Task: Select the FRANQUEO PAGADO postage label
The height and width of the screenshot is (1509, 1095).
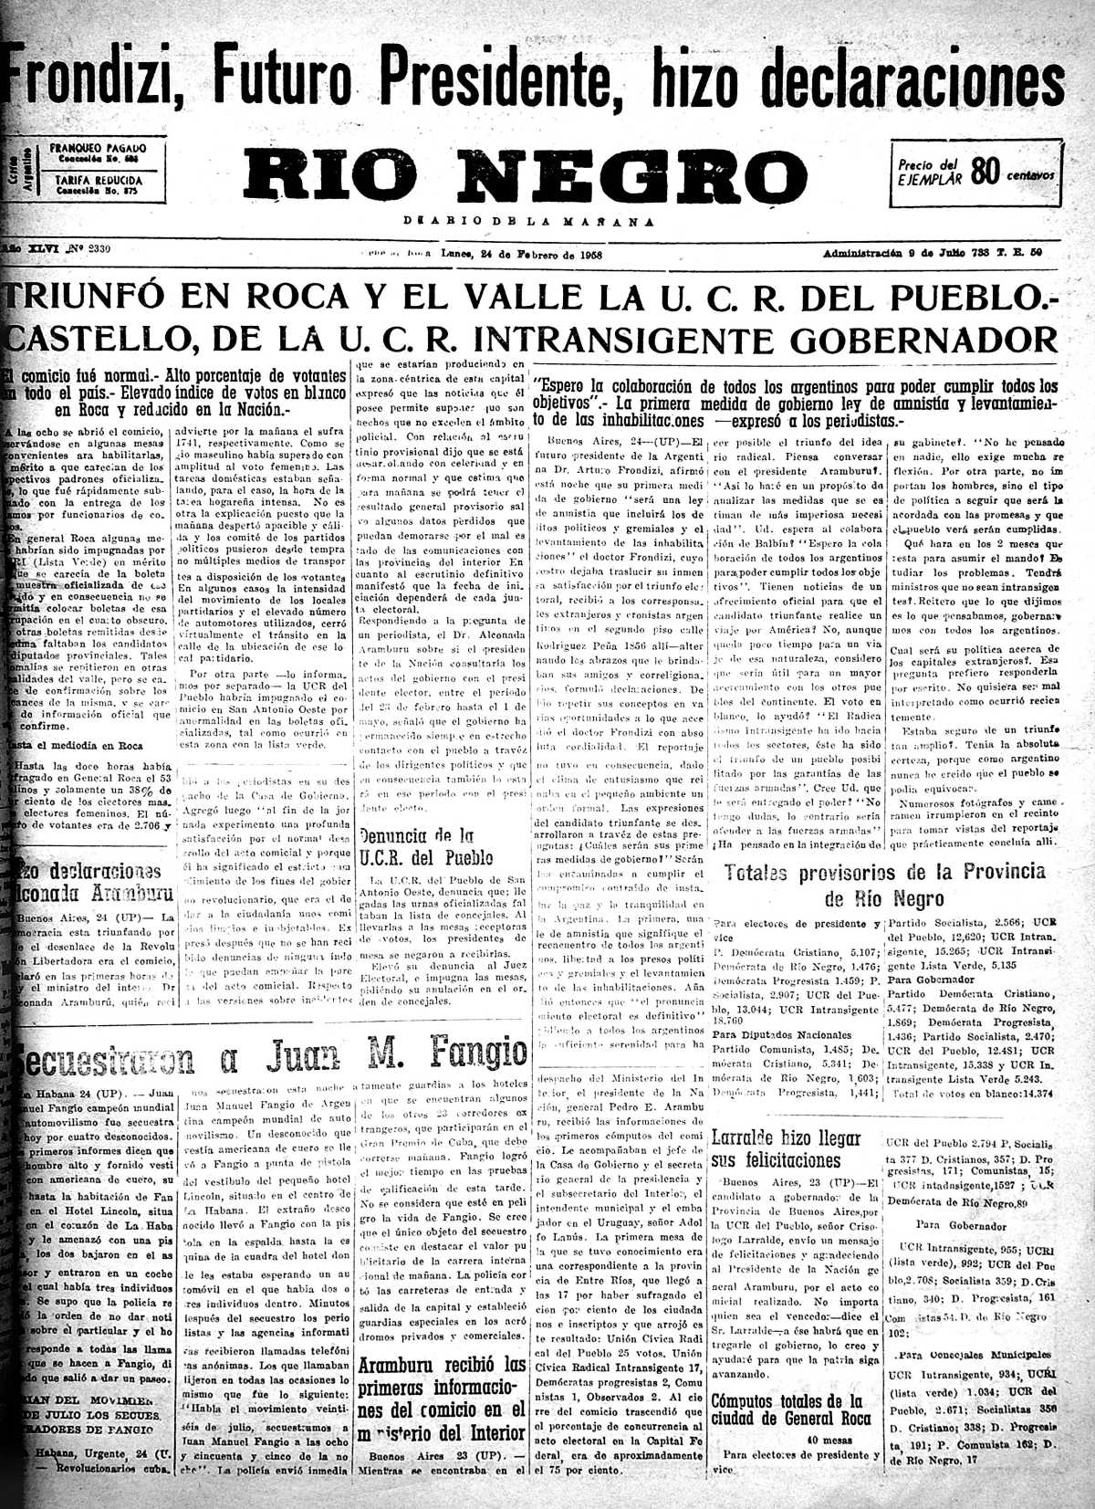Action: pos(98,148)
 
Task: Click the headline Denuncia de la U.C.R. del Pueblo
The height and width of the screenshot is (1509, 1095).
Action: pos(426,846)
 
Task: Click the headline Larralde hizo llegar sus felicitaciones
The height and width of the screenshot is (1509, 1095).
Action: pos(785,1149)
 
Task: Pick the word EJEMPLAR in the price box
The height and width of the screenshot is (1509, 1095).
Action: pos(931,179)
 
